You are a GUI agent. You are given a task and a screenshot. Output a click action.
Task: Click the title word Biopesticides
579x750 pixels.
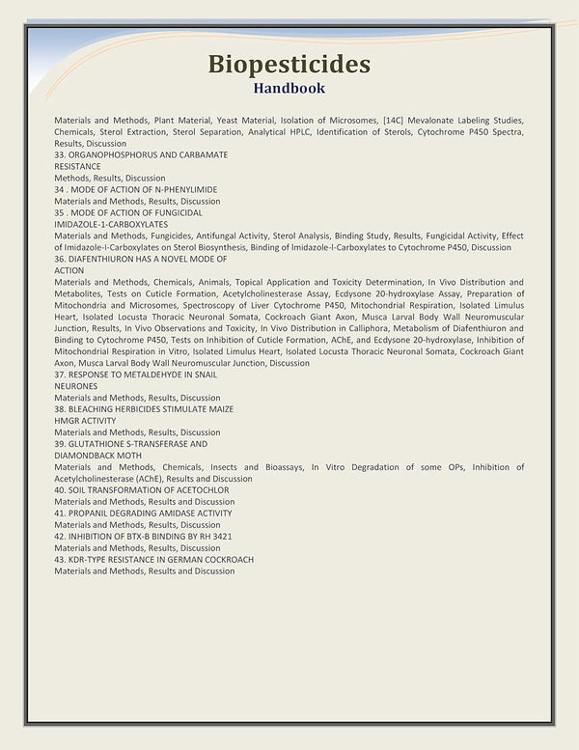click(x=289, y=65)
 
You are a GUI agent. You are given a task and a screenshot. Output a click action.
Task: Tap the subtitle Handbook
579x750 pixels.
click(x=289, y=89)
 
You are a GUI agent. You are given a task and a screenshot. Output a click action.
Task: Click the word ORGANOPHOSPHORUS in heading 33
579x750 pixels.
click(x=119, y=154)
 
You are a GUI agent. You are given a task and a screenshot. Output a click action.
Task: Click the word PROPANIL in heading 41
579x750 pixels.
click(x=88, y=513)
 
